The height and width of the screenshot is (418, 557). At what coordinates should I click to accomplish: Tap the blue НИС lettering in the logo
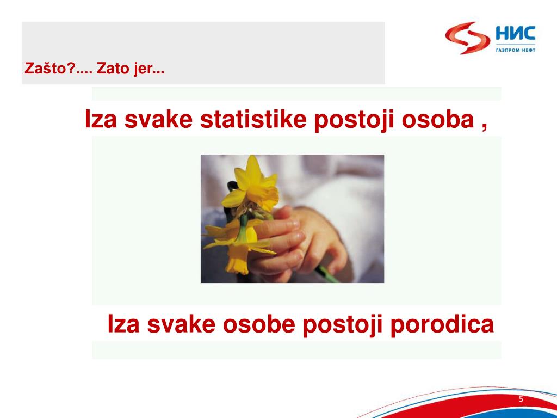coord(515,35)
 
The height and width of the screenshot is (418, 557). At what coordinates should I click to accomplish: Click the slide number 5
coord(521,399)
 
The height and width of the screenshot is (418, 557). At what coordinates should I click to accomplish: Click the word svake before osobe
coord(181,325)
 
